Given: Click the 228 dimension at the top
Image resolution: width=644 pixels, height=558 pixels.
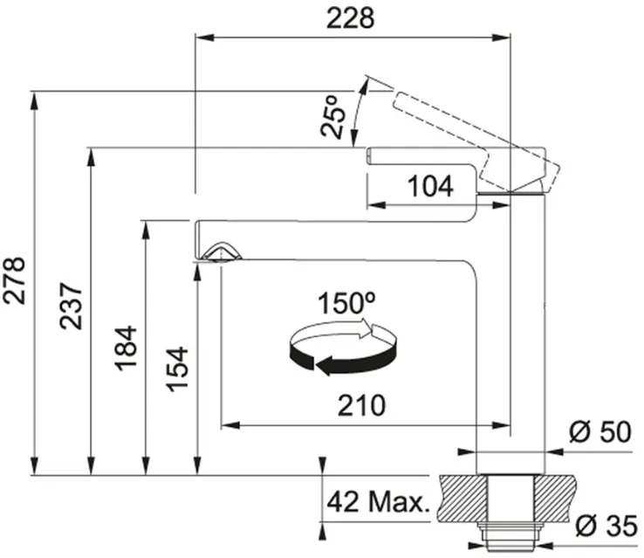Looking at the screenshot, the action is tap(350, 19).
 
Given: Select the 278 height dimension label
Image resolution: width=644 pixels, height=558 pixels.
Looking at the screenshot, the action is tap(14, 280).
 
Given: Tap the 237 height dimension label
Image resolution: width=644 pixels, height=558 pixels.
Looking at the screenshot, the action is tap(71, 306).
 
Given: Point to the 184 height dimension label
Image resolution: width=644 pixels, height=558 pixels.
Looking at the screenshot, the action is tap(126, 348).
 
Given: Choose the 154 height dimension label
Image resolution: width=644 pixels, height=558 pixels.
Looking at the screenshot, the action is tap(177, 369).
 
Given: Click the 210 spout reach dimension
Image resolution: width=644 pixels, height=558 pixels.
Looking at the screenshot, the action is tap(361, 405).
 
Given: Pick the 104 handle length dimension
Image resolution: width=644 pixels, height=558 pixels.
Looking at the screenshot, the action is tap(430, 186).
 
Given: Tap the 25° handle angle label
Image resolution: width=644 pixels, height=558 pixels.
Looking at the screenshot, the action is tap(333, 116).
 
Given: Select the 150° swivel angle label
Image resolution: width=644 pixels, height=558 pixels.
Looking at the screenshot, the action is tap(346, 303).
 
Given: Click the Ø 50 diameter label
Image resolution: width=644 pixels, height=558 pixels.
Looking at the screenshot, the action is tap(600, 432).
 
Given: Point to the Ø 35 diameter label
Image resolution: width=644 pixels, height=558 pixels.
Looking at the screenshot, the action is tap(606, 526).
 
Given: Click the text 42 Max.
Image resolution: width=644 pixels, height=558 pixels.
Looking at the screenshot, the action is tap(378, 502).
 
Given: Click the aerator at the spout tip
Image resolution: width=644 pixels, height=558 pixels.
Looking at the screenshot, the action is tap(222, 251).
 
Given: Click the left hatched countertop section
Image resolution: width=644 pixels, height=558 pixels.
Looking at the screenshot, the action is tap(462, 497).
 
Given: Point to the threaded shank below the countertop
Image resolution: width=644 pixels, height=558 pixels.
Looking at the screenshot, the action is tap(510, 534).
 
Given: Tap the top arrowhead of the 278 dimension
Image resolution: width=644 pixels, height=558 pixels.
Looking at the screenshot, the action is tap(35, 100).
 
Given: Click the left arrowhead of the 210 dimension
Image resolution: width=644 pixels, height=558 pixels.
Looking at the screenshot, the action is tap(231, 425).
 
